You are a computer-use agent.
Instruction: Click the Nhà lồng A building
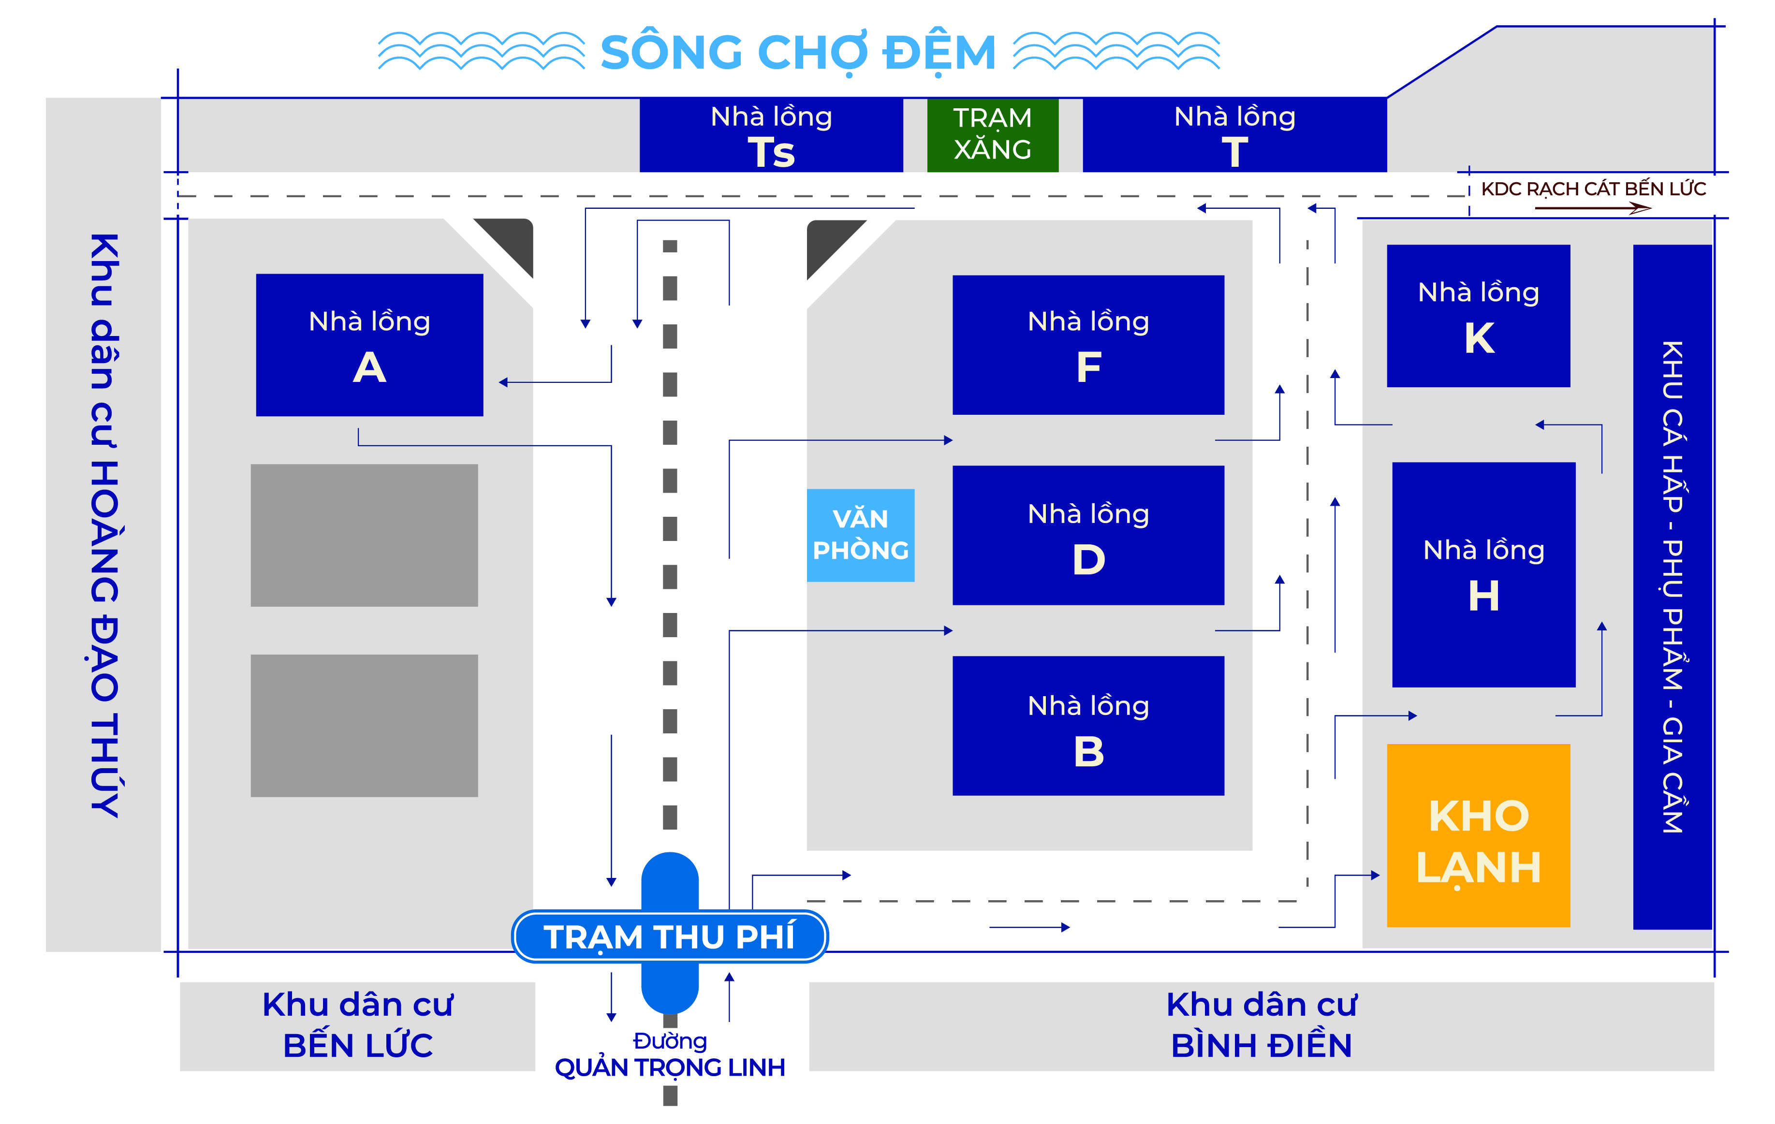pyautogui.click(x=369, y=345)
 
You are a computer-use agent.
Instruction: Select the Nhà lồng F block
pyautogui.click(x=1088, y=345)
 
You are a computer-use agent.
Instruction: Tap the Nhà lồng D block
pyautogui.click(x=1088, y=535)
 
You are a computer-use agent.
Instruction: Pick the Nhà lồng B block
pyautogui.click(x=1088, y=725)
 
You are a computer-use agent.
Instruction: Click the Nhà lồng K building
pyautogui.click(x=1478, y=316)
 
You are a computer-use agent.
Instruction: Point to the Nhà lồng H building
pyautogui.click(x=1483, y=574)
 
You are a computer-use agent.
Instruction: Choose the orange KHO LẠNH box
pyautogui.click(x=1478, y=835)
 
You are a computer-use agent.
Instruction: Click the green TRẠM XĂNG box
pyautogui.click(x=992, y=135)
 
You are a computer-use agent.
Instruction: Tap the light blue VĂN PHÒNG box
pyautogui.click(x=860, y=535)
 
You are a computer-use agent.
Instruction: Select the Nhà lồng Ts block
pyautogui.click(x=771, y=135)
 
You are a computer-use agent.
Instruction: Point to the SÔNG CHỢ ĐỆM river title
pyautogui.click(x=798, y=52)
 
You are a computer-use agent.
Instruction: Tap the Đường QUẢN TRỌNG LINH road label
pyautogui.click(x=669, y=1055)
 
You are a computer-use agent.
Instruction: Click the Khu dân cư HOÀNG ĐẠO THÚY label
pyautogui.click(x=104, y=525)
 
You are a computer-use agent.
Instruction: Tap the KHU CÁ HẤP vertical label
pyautogui.click(x=1672, y=587)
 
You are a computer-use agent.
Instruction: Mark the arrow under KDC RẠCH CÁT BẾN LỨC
pyautogui.click(x=1593, y=208)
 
